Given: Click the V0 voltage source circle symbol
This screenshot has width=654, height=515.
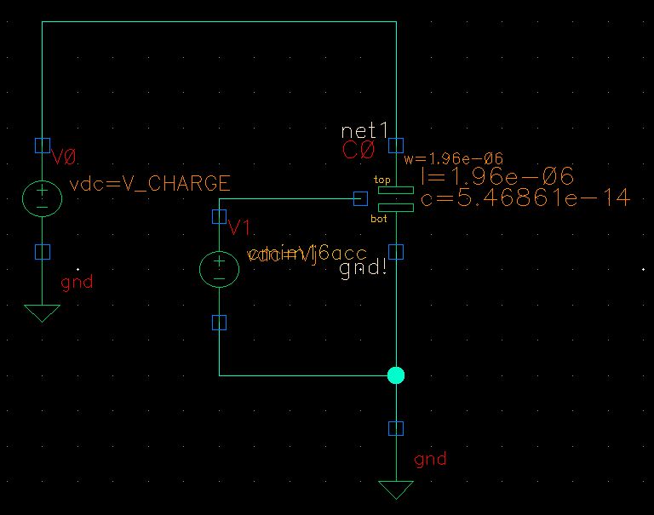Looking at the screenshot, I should tap(42, 198).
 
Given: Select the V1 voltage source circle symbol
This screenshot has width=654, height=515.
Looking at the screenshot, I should tap(219, 269).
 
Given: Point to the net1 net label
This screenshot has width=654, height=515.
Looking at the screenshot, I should tap(364, 130).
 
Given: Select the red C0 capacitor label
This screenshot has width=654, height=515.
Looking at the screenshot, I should tap(358, 151).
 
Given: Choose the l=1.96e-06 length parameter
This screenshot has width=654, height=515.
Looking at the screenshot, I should tap(497, 177).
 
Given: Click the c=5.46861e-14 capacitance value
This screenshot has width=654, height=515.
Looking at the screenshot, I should tap(525, 198).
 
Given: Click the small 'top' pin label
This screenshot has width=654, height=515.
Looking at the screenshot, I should tap(382, 180).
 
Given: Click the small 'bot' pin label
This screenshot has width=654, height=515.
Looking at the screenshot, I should tap(379, 219).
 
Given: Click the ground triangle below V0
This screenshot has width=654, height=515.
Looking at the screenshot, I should tap(42, 312).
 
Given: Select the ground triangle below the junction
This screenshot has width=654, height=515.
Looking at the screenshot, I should tap(396, 489).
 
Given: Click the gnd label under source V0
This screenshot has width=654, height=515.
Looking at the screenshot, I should tap(77, 282).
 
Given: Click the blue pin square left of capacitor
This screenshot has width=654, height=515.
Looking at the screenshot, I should tap(360, 199).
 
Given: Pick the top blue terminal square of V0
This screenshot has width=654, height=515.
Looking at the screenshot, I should tap(42, 145).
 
